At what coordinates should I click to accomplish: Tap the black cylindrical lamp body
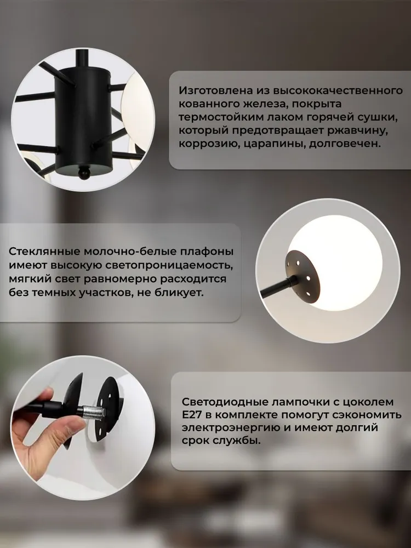[x=83, y=119]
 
